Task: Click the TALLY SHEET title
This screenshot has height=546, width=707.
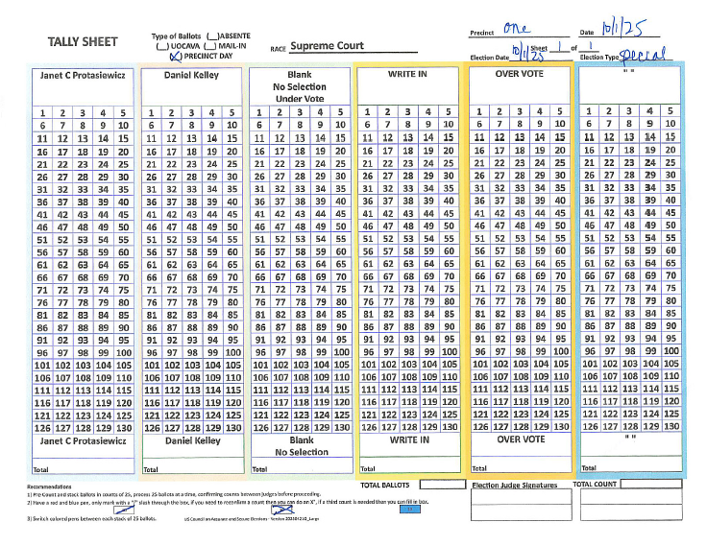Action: (x=83, y=42)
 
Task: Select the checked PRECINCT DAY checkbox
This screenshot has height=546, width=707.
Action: (x=161, y=57)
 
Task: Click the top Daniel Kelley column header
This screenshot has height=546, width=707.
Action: (x=192, y=75)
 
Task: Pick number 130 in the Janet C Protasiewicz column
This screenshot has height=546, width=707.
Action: (x=122, y=426)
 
